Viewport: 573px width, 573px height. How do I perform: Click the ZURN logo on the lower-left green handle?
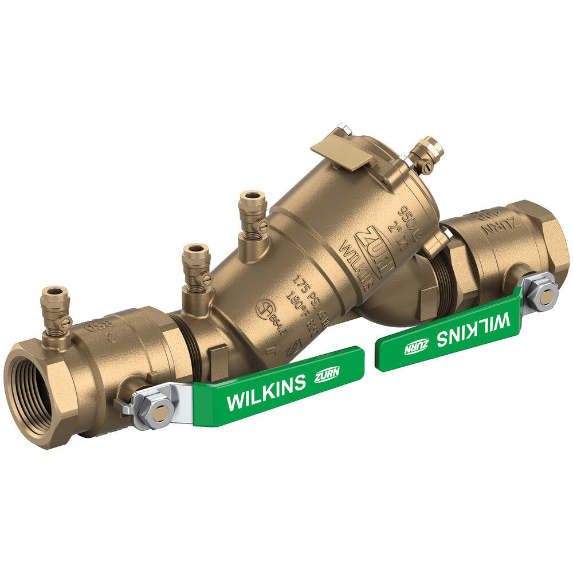[x=328, y=376]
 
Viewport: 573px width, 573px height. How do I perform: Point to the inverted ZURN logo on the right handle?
[x=417, y=347]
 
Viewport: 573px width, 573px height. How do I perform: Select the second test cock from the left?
[x=197, y=269]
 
